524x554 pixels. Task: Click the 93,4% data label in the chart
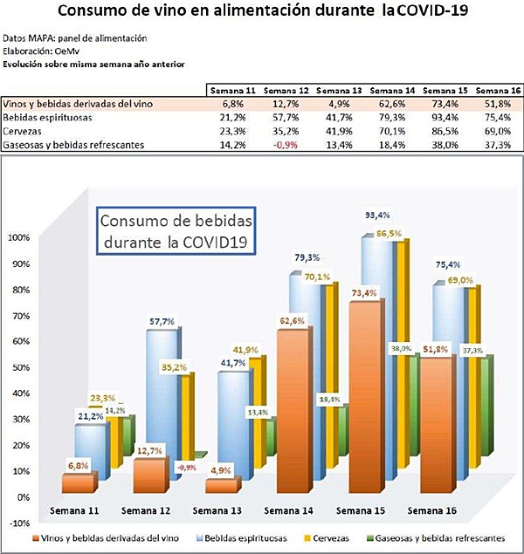tap(374, 215)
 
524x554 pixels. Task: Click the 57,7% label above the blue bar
tap(162, 322)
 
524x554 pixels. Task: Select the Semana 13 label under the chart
tap(217, 511)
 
